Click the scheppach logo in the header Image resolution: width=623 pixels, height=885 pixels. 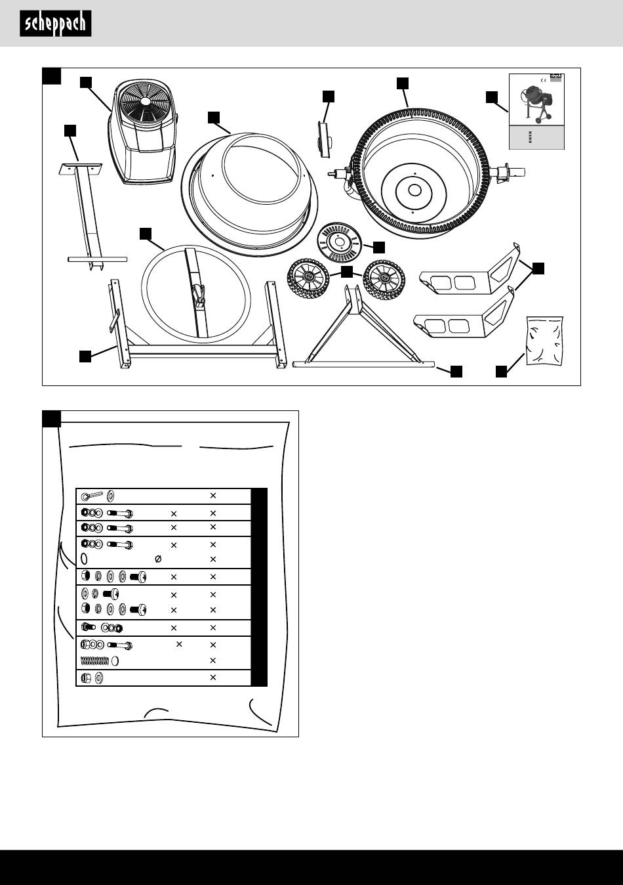coord(55,24)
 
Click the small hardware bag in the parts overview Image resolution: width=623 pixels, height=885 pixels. coord(544,340)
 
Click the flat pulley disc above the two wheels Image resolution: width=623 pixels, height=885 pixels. coord(342,242)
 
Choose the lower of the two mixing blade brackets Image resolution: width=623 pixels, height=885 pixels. coord(462,316)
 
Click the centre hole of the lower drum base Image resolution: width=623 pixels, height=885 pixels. coord(414,190)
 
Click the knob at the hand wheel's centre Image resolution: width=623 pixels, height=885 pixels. coord(199,299)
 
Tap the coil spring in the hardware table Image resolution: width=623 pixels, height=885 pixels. coord(94,660)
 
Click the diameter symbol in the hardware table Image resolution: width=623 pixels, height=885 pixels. coord(157,559)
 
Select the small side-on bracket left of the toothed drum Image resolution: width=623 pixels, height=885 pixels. coord(323,139)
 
